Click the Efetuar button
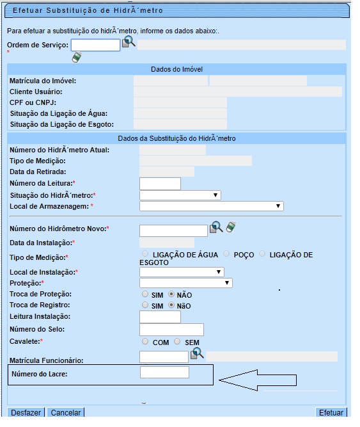tap(331, 413)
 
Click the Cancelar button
tap(66, 413)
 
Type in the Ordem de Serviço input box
tap(95, 45)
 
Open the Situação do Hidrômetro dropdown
tap(180, 195)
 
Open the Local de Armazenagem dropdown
tap(211, 206)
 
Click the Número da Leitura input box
tap(160, 184)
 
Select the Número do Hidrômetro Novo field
tap(173, 230)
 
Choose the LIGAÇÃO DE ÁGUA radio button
tap(145, 254)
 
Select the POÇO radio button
tap(226, 254)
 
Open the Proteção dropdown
tap(185, 283)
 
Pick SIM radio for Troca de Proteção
tap(145, 294)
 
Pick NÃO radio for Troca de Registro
tap(171, 305)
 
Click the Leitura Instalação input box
tap(160, 317)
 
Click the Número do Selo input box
tap(171, 330)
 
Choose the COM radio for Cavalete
tap(145, 342)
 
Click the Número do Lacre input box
tap(164, 373)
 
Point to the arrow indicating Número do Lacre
tap(258, 380)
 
